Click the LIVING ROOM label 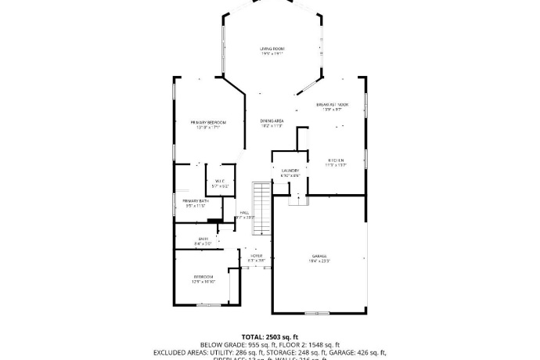tap(271, 49)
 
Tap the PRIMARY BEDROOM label tap(208, 122)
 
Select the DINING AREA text tap(272, 121)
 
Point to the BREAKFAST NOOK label tap(332, 104)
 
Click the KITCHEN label tap(336, 160)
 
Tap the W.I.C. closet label tap(220, 181)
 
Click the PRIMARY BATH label tap(196, 201)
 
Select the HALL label tap(244, 212)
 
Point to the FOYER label tap(256, 255)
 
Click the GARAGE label tap(319, 256)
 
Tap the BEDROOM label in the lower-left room tap(203, 277)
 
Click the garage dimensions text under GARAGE tap(319, 261)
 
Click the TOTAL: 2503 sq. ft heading tap(270, 336)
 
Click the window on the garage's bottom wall tap(317, 312)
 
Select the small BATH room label tap(203, 239)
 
